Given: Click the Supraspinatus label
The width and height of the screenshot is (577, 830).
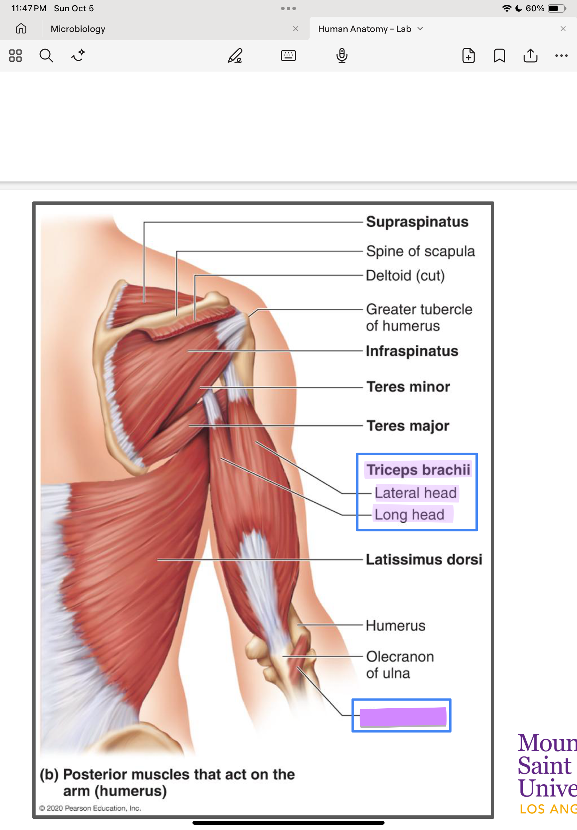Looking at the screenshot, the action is click(x=417, y=222).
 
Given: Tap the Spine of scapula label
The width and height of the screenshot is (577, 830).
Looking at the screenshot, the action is click(x=420, y=251).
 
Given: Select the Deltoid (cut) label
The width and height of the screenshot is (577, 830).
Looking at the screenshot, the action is click(x=405, y=275).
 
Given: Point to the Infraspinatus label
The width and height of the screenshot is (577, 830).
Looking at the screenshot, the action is click(x=412, y=351).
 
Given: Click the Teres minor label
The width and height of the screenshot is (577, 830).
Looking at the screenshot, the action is click(x=408, y=387).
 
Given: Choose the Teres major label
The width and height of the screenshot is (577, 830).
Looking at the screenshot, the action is click(x=408, y=425).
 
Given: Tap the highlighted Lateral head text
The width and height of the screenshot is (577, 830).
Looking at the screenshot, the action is click(x=416, y=493).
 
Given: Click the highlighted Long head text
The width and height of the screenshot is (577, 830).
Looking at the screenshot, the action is click(x=409, y=514).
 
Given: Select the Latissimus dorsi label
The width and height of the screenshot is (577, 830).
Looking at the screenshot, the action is click(x=424, y=559).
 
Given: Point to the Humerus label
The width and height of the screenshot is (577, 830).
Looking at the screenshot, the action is click(x=395, y=625).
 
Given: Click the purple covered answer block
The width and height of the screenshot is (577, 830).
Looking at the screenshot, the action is click(x=403, y=717).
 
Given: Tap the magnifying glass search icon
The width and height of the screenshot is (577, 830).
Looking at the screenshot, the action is click(x=46, y=56).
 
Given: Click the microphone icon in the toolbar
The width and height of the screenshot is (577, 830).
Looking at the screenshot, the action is click(x=342, y=56).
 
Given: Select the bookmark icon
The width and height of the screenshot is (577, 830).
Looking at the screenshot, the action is click(x=499, y=56).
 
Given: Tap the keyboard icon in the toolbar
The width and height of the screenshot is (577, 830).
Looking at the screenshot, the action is click(x=288, y=56).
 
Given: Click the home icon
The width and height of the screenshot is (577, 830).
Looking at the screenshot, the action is click(x=21, y=28).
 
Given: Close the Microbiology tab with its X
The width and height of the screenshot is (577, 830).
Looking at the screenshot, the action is click(x=296, y=28).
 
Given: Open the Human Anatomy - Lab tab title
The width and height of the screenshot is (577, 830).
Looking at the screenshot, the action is click(x=364, y=29).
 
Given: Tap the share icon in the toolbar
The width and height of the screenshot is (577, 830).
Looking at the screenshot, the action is click(x=530, y=56).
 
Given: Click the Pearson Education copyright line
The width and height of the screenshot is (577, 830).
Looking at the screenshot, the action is click(x=90, y=808).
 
